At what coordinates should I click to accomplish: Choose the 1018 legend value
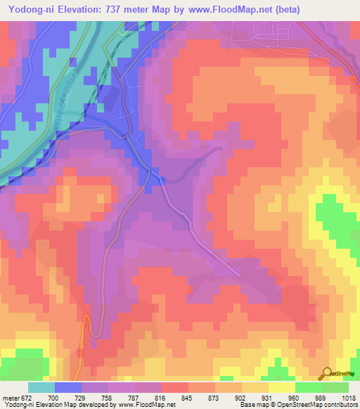347,398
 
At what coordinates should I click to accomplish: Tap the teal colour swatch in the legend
41,387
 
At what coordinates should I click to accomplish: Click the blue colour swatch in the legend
67,387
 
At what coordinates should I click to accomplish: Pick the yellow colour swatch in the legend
282,387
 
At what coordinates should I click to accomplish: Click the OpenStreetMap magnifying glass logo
328,373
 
